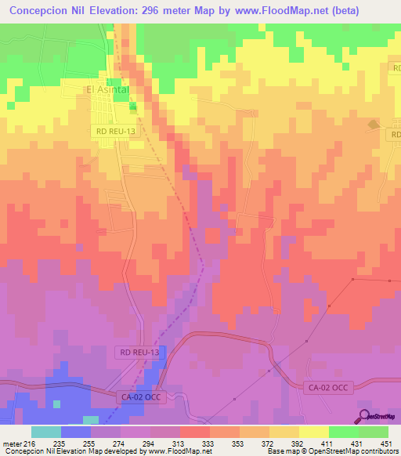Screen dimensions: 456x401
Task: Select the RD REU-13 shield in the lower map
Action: [140, 353]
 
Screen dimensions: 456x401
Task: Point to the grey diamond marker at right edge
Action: [373, 124]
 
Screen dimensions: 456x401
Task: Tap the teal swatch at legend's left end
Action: [45, 432]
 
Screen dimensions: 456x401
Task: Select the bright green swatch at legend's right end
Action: [373, 432]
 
